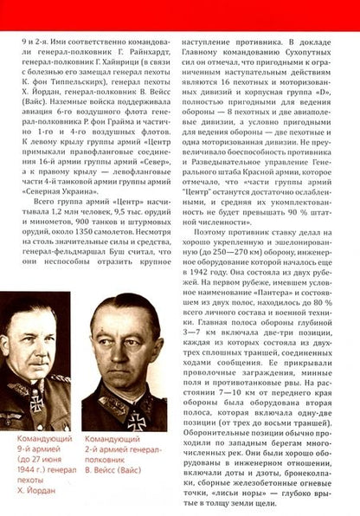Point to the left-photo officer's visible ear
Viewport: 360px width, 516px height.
tap(72, 340)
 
